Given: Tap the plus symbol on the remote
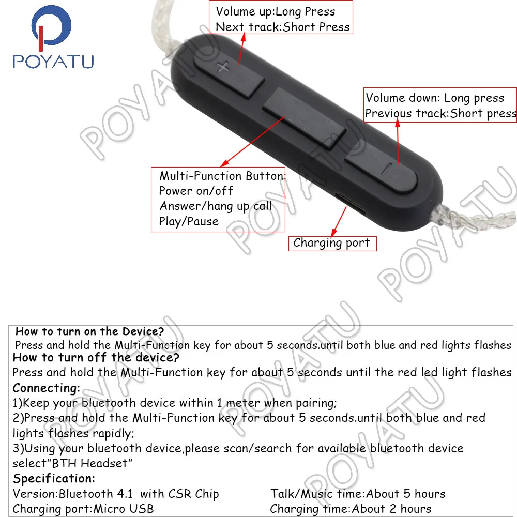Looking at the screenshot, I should pyautogui.click(x=223, y=66).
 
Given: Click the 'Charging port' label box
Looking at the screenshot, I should pyautogui.click(x=332, y=243).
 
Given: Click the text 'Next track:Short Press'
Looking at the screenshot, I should pyautogui.click(x=282, y=27).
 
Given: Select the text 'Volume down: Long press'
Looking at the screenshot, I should pyautogui.click(x=434, y=98).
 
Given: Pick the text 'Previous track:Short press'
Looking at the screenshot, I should pyautogui.click(x=440, y=114).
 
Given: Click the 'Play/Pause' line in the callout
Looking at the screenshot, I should pyautogui.click(x=189, y=221).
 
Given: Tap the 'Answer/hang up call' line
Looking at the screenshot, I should pyautogui.click(x=216, y=206).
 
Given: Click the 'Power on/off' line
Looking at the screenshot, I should pyautogui.click(x=196, y=191).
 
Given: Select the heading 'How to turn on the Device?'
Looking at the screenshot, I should pyautogui.click(x=89, y=331).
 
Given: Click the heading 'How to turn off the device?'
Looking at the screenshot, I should pyautogui.click(x=96, y=357).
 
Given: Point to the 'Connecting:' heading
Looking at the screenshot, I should pyautogui.click(x=47, y=388).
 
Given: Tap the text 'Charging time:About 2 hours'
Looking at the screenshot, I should pyautogui.click(x=351, y=509).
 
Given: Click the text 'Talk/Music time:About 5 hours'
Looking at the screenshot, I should pyautogui.click(x=358, y=494).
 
